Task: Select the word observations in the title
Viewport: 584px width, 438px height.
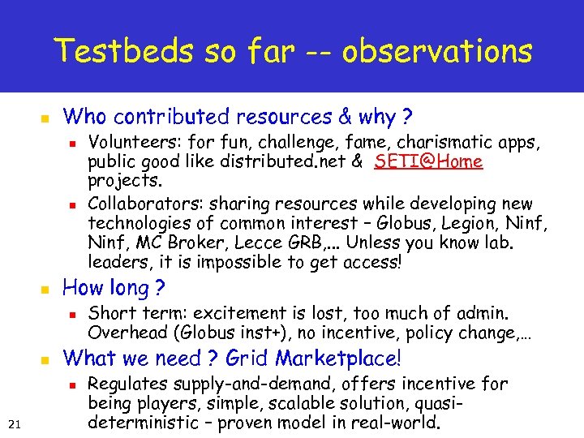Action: (x=437, y=52)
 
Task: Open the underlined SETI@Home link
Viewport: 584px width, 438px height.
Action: (x=429, y=161)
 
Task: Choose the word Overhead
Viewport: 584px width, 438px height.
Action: (x=122, y=333)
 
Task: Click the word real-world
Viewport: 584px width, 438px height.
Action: (x=396, y=423)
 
